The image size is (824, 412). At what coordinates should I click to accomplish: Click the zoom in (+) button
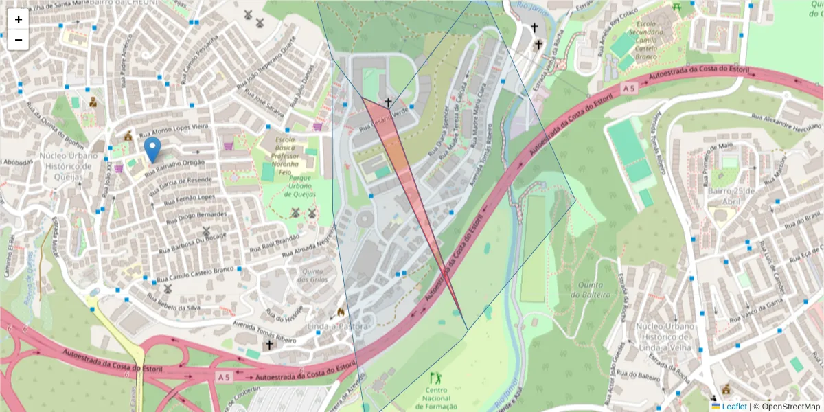pyautogui.click(x=19, y=19)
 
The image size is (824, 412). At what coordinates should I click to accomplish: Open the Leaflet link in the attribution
pyautogui.click(x=733, y=407)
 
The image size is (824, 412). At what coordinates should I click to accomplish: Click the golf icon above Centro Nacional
pyautogui.click(x=435, y=377)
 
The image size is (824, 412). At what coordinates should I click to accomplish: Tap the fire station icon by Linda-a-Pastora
pyautogui.click(x=340, y=312)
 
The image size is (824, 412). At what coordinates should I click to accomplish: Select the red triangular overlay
pyautogui.click(x=405, y=172)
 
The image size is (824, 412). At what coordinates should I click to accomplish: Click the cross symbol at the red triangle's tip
pyautogui.click(x=388, y=102)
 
